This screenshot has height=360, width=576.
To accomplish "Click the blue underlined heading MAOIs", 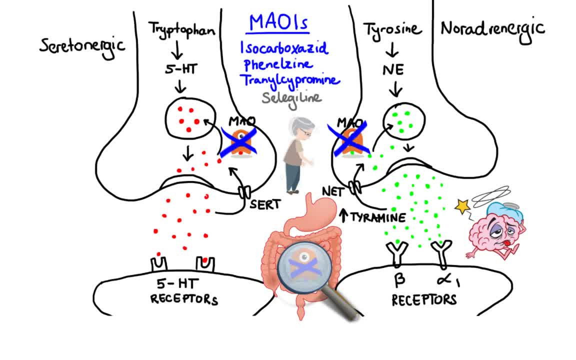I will tap(278, 23).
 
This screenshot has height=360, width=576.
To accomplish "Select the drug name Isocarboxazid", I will tap(284, 48).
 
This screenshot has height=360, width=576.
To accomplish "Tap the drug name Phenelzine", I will tap(278, 64).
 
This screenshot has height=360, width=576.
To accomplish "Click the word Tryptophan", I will tap(182, 29).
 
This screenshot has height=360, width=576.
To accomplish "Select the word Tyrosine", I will tap(392, 28).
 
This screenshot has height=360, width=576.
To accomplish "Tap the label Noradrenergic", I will tap(492, 28).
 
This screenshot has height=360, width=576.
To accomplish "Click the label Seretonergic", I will tap(82, 45).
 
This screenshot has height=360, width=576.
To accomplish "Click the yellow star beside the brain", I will tap(462, 205).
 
